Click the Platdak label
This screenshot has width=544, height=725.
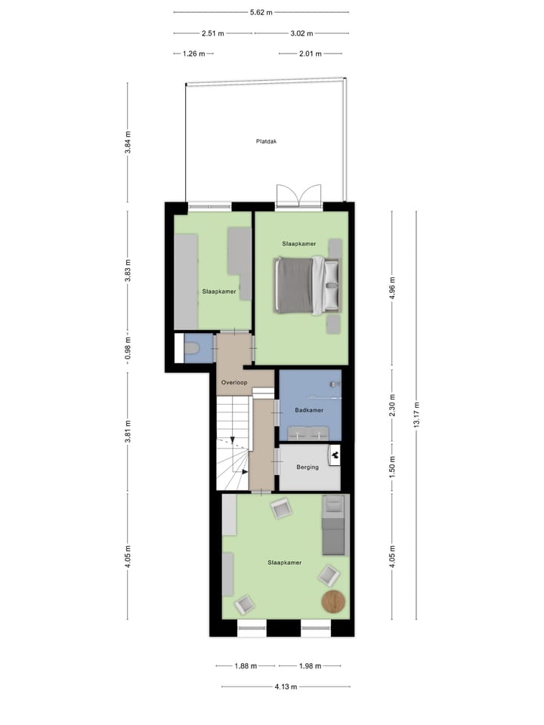tap(266, 140)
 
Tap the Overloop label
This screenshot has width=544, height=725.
tap(233, 383)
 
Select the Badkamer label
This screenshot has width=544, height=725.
tap(309, 410)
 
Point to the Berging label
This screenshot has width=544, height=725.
tap(308, 467)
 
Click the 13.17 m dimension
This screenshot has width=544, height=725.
tap(416, 415)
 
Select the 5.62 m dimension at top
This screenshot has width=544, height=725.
tap(261, 12)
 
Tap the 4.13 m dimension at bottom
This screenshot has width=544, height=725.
tap(286, 686)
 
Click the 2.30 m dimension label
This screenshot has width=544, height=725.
tap(392, 405)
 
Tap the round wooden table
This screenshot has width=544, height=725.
tap(333, 601)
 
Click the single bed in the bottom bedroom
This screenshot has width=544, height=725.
tap(332, 524)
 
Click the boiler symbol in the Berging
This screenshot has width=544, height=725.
tap(334, 454)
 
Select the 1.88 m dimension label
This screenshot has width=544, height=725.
tap(246, 666)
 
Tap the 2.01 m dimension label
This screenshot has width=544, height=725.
tap(311, 54)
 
